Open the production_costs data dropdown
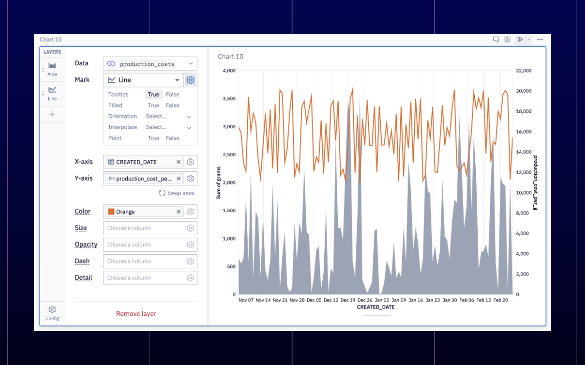[x=150, y=63]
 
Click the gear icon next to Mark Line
[x=191, y=80]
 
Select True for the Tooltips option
[x=154, y=94]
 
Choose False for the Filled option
[x=173, y=105]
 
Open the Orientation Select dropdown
[x=169, y=116]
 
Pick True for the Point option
[x=154, y=138]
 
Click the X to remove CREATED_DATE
[x=178, y=162]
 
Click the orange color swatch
[x=111, y=211]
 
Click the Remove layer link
[x=136, y=313]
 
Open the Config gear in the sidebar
[x=52, y=313]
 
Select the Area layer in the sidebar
[x=52, y=69]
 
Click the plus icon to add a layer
[x=52, y=114]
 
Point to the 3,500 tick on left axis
[x=229, y=99]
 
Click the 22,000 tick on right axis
[x=524, y=71]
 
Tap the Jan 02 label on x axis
[x=382, y=300]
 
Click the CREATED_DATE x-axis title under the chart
[x=375, y=307]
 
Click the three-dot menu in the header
[x=540, y=40]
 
